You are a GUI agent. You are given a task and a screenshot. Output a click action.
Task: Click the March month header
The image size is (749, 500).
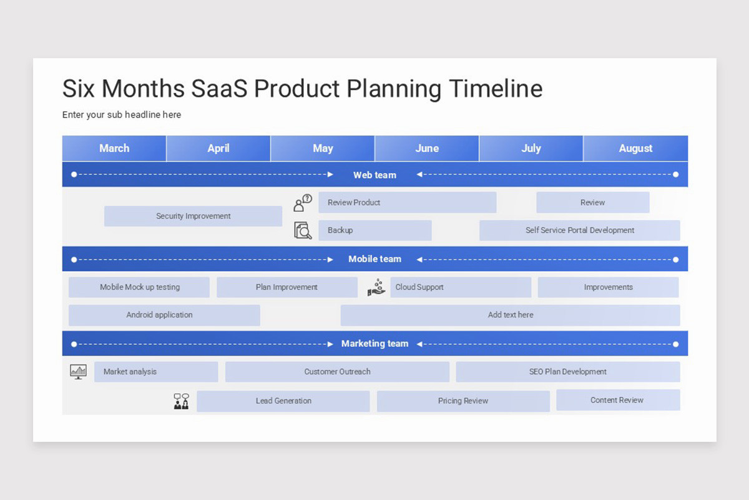click(114, 148)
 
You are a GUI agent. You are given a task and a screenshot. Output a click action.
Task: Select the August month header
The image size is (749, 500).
click(635, 148)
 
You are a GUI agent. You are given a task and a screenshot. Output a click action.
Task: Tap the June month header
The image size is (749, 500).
click(427, 148)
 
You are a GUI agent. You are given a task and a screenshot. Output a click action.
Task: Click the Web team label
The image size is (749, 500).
click(375, 175)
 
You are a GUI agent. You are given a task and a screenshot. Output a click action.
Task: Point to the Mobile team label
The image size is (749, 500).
click(375, 259)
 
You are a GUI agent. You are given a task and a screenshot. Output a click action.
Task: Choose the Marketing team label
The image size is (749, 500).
click(375, 344)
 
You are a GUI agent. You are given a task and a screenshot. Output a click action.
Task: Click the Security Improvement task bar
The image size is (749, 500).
click(193, 216)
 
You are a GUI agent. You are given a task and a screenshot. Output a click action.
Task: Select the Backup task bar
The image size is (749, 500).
click(375, 230)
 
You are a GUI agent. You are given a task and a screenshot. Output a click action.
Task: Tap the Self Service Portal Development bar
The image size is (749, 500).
click(580, 230)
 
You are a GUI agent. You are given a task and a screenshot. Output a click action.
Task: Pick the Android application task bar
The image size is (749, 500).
click(164, 315)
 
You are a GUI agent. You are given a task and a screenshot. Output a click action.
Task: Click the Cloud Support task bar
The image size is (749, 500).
click(461, 287)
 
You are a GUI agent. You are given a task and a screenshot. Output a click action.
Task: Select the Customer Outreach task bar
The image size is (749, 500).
click(337, 372)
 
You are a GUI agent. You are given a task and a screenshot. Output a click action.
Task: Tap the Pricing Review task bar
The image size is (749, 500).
click(463, 401)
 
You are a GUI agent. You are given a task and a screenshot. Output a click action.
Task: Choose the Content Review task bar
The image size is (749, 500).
click(618, 400)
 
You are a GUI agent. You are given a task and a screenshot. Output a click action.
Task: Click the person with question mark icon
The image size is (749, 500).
click(303, 203)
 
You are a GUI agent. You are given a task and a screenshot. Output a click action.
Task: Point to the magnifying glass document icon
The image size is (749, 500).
click(303, 231)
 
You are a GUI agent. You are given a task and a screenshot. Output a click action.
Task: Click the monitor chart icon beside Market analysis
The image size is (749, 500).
click(78, 372)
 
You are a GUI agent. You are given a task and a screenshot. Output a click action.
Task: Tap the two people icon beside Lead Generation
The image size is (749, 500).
click(182, 401)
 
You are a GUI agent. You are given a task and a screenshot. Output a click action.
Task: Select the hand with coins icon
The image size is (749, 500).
click(376, 287)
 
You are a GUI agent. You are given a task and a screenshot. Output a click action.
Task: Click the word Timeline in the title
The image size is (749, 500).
click(496, 88)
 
